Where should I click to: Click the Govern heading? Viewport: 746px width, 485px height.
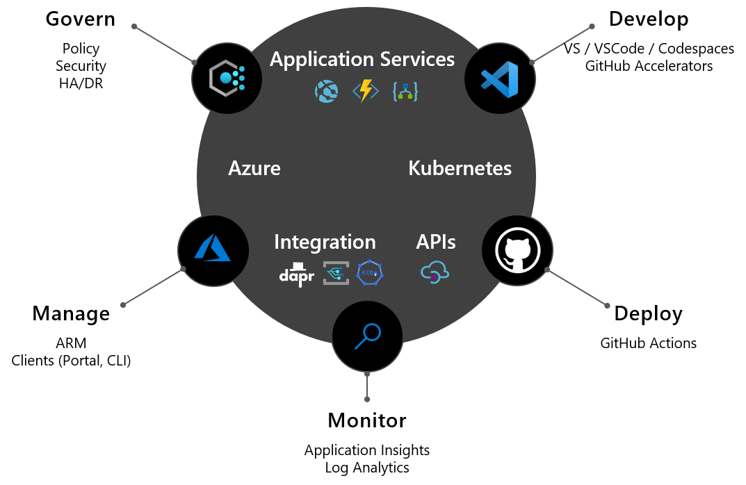coord(80,19)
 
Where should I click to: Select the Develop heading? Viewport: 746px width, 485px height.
coord(648,19)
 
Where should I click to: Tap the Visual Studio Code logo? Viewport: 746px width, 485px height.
coord(499,79)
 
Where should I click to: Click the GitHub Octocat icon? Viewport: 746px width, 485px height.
coord(517,251)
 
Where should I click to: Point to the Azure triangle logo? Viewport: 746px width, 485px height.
coord(213,247)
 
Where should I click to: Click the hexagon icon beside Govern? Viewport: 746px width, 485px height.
coord(227,78)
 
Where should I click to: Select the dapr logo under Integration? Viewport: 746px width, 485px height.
coord(296,274)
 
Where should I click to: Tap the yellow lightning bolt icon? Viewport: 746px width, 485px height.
coord(365,91)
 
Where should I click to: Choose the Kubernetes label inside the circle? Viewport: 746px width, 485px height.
coord(460,168)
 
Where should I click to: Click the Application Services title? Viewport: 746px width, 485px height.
coord(362,59)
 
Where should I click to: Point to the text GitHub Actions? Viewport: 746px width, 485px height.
coord(648,343)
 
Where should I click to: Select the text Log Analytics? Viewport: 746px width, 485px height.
coord(367,468)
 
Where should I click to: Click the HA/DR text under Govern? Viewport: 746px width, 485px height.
coord(81,84)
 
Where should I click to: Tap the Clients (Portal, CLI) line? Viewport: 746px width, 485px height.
coord(71,361)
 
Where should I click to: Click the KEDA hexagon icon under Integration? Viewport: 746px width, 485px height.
coord(370,274)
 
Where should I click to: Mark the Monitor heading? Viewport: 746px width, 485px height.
coord(366,420)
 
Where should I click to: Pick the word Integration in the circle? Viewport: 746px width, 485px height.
coord(325,242)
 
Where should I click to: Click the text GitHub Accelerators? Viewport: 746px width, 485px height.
coord(648,66)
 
